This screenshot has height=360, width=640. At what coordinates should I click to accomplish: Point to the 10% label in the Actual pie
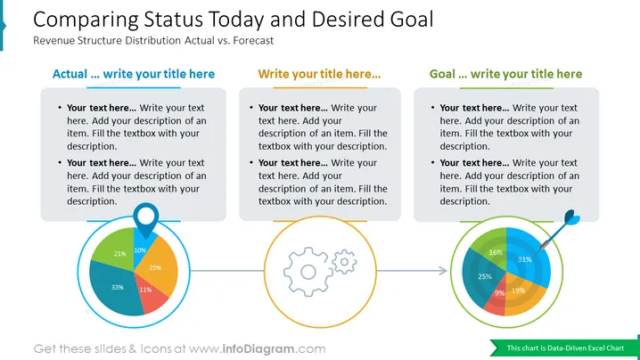(x=140, y=250)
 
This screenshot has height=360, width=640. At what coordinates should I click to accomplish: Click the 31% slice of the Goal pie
(x=527, y=258)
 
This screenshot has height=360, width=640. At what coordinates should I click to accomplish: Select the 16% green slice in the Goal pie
(x=492, y=250)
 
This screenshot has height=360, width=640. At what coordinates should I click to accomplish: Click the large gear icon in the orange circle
(x=308, y=272)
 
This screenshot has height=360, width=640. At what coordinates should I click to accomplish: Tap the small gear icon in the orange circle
(x=344, y=261)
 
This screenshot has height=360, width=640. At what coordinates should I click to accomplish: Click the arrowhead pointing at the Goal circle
(x=443, y=270)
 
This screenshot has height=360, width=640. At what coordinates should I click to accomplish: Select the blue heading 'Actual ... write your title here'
(x=134, y=74)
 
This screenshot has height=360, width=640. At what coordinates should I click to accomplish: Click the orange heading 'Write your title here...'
(x=319, y=74)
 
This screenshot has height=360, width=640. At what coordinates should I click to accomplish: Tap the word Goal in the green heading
(x=442, y=74)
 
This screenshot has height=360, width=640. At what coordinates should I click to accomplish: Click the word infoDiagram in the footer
(x=258, y=349)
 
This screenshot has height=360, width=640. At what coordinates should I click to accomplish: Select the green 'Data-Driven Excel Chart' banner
(x=565, y=348)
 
